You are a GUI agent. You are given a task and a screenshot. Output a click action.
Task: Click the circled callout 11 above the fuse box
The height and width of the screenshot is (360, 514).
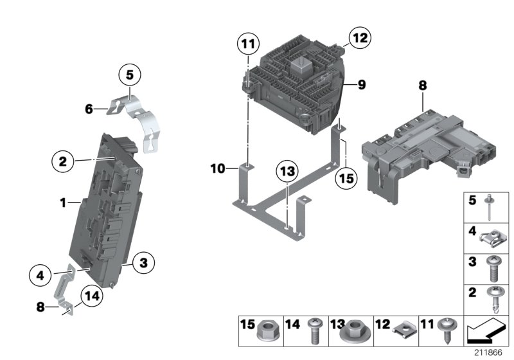[247, 45]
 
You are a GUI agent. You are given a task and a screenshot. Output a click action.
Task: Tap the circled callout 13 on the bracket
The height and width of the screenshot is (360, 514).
[287, 172]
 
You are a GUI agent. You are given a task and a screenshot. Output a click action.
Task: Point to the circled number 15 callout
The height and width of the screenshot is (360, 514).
[346, 179]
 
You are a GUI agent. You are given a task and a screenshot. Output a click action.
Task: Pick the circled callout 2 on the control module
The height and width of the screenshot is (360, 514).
[62, 161]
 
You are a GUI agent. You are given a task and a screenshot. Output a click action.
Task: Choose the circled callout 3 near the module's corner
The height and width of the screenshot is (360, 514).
[143, 262]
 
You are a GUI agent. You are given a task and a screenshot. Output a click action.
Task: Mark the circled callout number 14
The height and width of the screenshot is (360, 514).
[91, 297]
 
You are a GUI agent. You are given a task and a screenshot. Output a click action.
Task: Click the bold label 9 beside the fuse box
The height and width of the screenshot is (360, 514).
[362, 84]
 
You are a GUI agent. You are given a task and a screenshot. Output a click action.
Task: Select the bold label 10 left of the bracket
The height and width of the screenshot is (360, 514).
[218, 169]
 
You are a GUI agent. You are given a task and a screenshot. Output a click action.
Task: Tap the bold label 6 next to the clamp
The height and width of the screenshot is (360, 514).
[89, 109]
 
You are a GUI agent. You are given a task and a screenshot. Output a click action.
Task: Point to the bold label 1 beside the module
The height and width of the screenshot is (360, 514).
[63, 203]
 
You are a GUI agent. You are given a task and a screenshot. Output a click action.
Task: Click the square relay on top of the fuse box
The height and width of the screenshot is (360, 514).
[301, 64]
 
